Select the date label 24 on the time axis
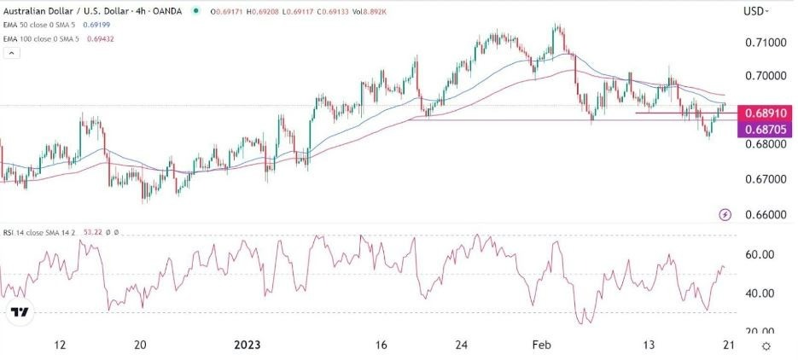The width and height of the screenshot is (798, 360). [462, 345]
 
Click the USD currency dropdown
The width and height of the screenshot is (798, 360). [756, 12]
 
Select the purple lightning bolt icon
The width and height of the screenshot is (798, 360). [725, 214]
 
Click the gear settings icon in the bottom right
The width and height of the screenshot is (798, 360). [767, 345]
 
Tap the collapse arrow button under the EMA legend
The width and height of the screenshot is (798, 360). [12, 53]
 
